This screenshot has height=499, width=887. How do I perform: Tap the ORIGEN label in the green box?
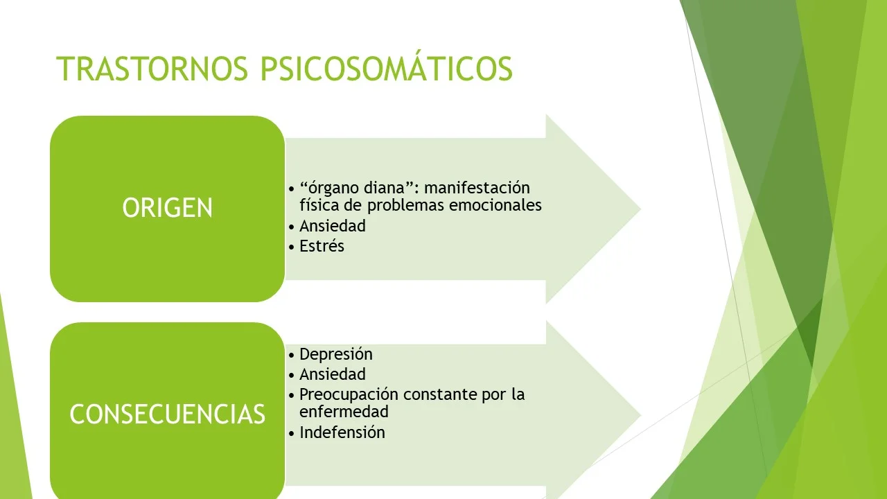point(168,208)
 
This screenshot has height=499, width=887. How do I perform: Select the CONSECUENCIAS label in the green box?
point(168,414)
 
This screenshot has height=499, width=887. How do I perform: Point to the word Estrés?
point(322,246)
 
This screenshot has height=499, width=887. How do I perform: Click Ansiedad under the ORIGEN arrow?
point(333,226)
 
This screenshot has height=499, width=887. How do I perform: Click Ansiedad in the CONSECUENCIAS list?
point(333,374)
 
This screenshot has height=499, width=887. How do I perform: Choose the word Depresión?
point(336,354)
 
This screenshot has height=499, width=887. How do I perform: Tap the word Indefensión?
point(342,432)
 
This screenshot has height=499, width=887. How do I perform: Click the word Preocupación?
point(349,394)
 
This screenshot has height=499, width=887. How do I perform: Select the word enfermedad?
point(344,412)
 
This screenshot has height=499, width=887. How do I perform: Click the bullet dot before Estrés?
point(291,247)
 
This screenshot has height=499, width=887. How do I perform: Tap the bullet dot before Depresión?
point(291,355)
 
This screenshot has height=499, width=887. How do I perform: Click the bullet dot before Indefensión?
point(291,433)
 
